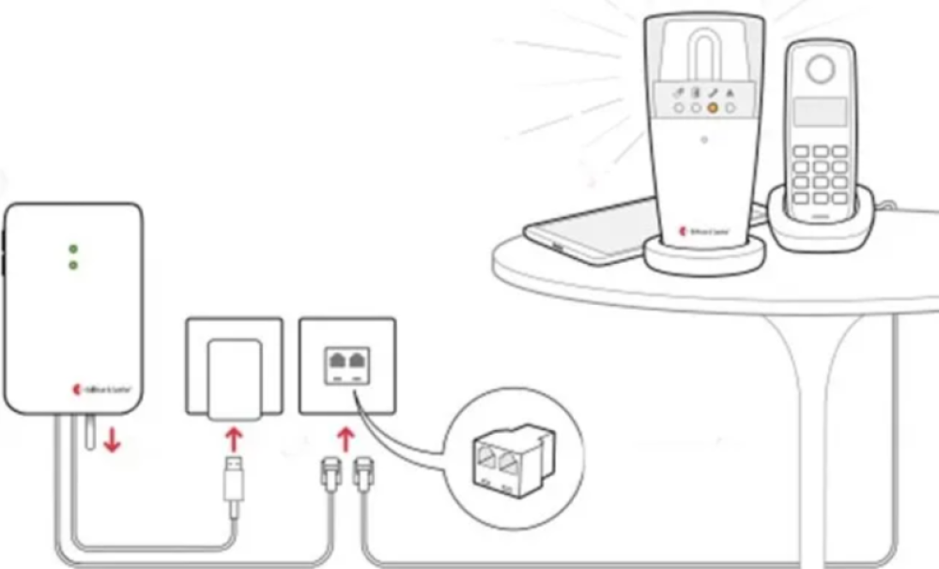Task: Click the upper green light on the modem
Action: point(73,250)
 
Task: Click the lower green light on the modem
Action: point(73,266)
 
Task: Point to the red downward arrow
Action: point(113,439)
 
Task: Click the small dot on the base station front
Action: point(703,144)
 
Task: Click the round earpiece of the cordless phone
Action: point(821,69)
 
